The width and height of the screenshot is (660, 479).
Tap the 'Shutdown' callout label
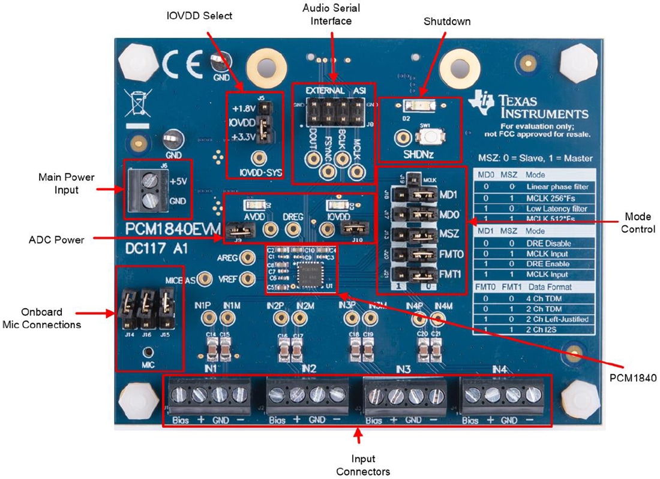click(x=447, y=22)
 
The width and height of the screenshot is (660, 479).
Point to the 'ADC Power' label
click(x=57, y=240)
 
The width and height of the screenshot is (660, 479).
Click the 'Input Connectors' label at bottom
click(x=358, y=466)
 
